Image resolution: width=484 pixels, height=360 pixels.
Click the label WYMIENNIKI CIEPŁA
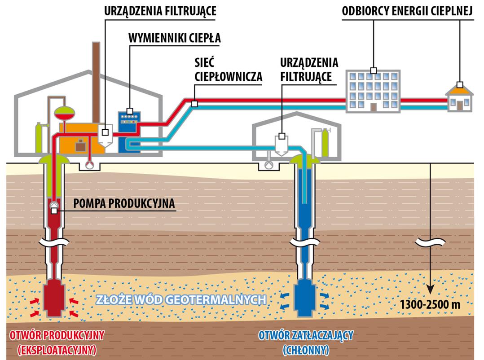[x=175, y=38]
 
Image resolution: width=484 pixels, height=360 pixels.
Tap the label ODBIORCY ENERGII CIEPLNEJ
[x=407, y=11]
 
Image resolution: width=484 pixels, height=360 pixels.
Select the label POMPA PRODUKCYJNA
[x=122, y=203]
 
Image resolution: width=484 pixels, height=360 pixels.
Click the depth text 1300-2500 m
[x=430, y=305]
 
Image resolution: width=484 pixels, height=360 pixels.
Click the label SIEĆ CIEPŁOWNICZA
[x=229, y=69]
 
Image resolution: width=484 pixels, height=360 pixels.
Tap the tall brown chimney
[x=96, y=81]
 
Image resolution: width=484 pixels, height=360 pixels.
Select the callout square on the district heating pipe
[x=194, y=104]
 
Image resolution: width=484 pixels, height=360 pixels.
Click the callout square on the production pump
[x=54, y=211]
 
